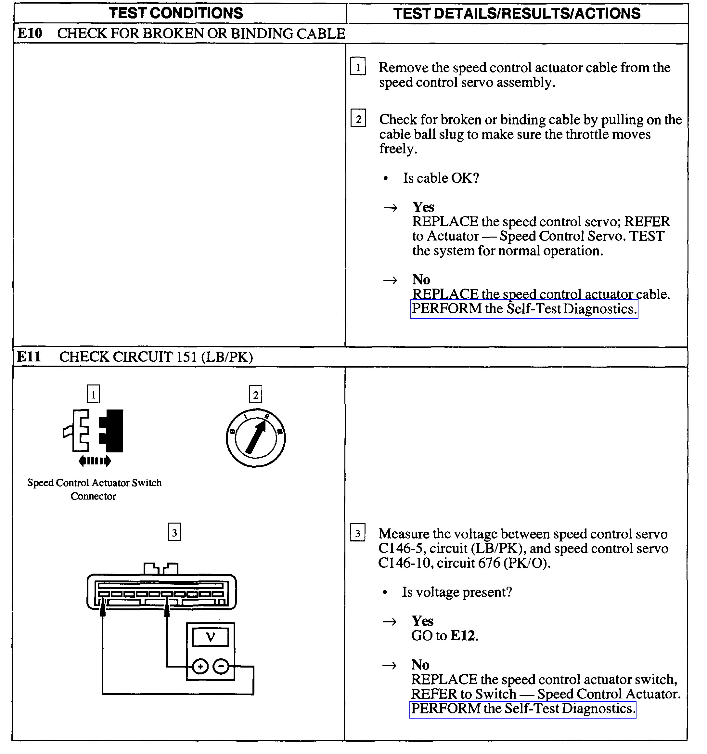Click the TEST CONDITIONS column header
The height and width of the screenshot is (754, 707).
click(x=176, y=13)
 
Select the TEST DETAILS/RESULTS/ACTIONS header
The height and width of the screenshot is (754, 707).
click(x=517, y=14)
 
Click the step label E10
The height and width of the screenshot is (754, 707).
click(x=30, y=33)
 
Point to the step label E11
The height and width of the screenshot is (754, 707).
click(x=29, y=357)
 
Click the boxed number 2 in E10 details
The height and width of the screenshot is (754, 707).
click(x=358, y=119)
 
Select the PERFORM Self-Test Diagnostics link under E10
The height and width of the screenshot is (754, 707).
click(x=524, y=309)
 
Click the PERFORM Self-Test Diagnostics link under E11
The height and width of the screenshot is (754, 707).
click(x=523, y=708)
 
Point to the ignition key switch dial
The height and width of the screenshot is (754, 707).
click(x=256, y=438)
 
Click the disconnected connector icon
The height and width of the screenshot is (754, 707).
click(x=94, y=431)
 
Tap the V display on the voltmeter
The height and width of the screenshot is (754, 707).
click(x=211, y=637)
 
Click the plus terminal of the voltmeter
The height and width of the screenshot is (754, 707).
click(x=200, y=666)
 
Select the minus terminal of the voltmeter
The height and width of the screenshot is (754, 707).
click(x=221, y=666)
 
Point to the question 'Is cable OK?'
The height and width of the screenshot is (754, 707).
click(x=441, y=178)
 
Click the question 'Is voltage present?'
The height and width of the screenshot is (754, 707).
click(x=457, y=592)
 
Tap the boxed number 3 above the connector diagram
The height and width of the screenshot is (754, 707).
click(x=174, y=532)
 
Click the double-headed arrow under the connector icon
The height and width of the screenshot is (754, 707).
click(x=95, y=461)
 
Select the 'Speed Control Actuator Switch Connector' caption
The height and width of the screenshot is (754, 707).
click(x=94, y=489)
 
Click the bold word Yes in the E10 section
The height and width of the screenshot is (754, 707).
click(x=423, y=207)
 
